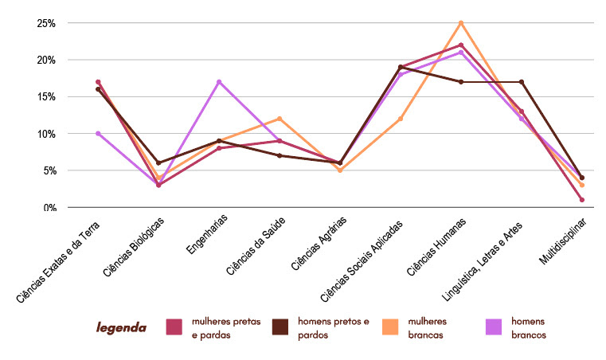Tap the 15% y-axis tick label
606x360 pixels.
point(45,96)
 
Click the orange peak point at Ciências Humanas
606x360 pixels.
point(461,22)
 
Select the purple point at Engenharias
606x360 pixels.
point(219,82)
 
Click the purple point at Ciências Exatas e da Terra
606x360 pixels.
point(98,133)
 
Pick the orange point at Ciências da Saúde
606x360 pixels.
point(280,119)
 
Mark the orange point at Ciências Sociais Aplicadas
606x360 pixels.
point(401,119)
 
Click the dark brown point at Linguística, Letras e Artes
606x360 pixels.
point(522,82)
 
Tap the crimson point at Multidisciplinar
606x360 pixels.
point(582,200)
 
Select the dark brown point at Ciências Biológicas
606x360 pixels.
point(158,162)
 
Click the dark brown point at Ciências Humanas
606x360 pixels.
point(461,82)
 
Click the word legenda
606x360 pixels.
point(121,327)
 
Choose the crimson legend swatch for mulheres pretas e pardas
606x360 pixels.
point(175,327)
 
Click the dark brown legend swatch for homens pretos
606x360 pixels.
point(280,327)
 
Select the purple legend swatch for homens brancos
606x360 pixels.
point(495,327)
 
